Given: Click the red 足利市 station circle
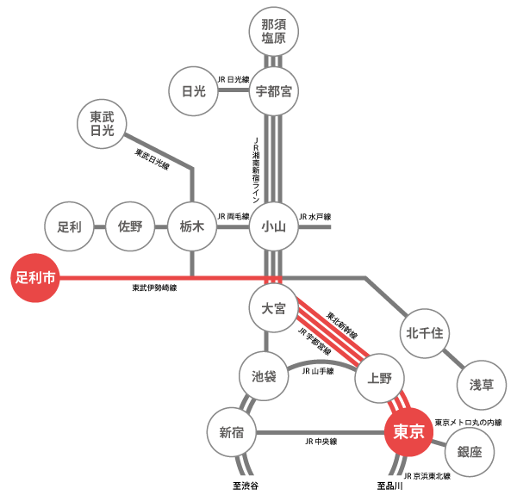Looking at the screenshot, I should pos(37,278).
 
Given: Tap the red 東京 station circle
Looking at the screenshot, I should pos(408,431).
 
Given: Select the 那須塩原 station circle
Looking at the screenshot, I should pos(273,32).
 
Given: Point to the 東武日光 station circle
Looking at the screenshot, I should pos(103,123).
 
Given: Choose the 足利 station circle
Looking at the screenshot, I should pos(69,228).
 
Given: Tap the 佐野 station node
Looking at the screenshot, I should pos(130,228).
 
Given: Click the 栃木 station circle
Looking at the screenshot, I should pos(191,228).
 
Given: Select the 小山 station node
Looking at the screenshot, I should pos(273,228).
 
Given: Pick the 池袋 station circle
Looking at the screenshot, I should pos(264,376).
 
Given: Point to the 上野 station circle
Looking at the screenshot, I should pos(379,376).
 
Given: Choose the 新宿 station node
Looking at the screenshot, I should pos(232,432).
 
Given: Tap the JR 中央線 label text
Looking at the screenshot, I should pos(321,442).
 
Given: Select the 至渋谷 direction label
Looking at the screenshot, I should pos(246,486).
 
